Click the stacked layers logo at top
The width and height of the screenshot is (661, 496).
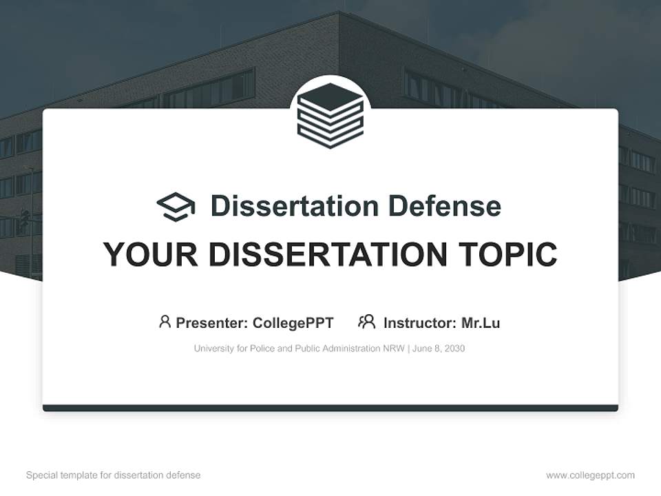click(x=330, y=115)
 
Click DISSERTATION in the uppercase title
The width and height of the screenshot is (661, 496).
click(x=326, y=255)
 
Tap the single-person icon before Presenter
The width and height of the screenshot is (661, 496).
click(x=165, y=322)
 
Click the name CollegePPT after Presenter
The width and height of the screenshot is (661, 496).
click(x=293, y=322)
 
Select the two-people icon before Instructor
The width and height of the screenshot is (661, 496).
click(x=366, y=322)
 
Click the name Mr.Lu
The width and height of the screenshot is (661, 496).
click(x=481, y=322)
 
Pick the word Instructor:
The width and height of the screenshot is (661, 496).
click(x=419, y=322)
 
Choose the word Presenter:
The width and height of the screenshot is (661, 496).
click(x=212, y=322)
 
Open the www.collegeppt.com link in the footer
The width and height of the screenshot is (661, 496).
click(x=590, y=475)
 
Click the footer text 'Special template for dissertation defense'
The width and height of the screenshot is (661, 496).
click(x=113, y=475)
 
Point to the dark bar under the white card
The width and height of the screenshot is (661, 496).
click(x=330, y=408)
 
